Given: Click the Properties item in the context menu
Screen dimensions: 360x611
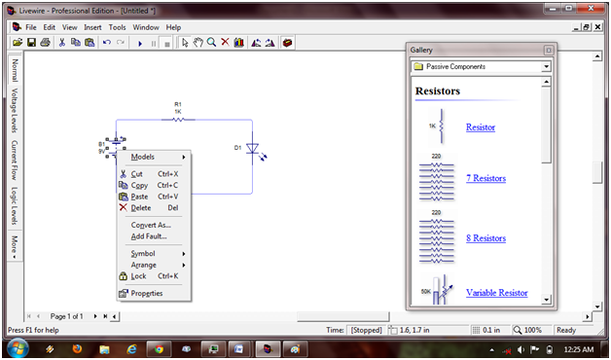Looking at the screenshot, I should point(146,293).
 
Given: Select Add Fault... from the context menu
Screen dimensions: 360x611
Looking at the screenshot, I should point(149,236).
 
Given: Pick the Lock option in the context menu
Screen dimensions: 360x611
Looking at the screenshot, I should point(138,276).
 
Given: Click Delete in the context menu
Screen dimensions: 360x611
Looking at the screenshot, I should point(140,207).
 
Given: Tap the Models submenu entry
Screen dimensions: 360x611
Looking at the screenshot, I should point(143,157).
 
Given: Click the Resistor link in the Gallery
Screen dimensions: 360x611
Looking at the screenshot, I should point(480,127).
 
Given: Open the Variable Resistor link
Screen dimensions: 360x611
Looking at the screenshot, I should point(496,293).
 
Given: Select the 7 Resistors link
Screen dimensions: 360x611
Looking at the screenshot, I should point(485,178).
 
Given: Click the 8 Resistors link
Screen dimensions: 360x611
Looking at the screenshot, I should point(485,238).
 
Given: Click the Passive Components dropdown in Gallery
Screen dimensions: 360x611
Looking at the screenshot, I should point(481,67).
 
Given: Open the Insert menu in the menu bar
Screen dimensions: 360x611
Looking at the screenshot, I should point(92,27).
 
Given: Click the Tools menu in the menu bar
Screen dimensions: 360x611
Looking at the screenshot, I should point(118,27).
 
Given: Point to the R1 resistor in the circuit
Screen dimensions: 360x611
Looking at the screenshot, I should point(178,120).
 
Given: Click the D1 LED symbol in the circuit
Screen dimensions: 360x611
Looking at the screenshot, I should point(253,149).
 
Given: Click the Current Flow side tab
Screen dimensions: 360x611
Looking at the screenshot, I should point(15,161).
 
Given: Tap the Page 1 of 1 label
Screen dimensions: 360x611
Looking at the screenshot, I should point(74,316).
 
